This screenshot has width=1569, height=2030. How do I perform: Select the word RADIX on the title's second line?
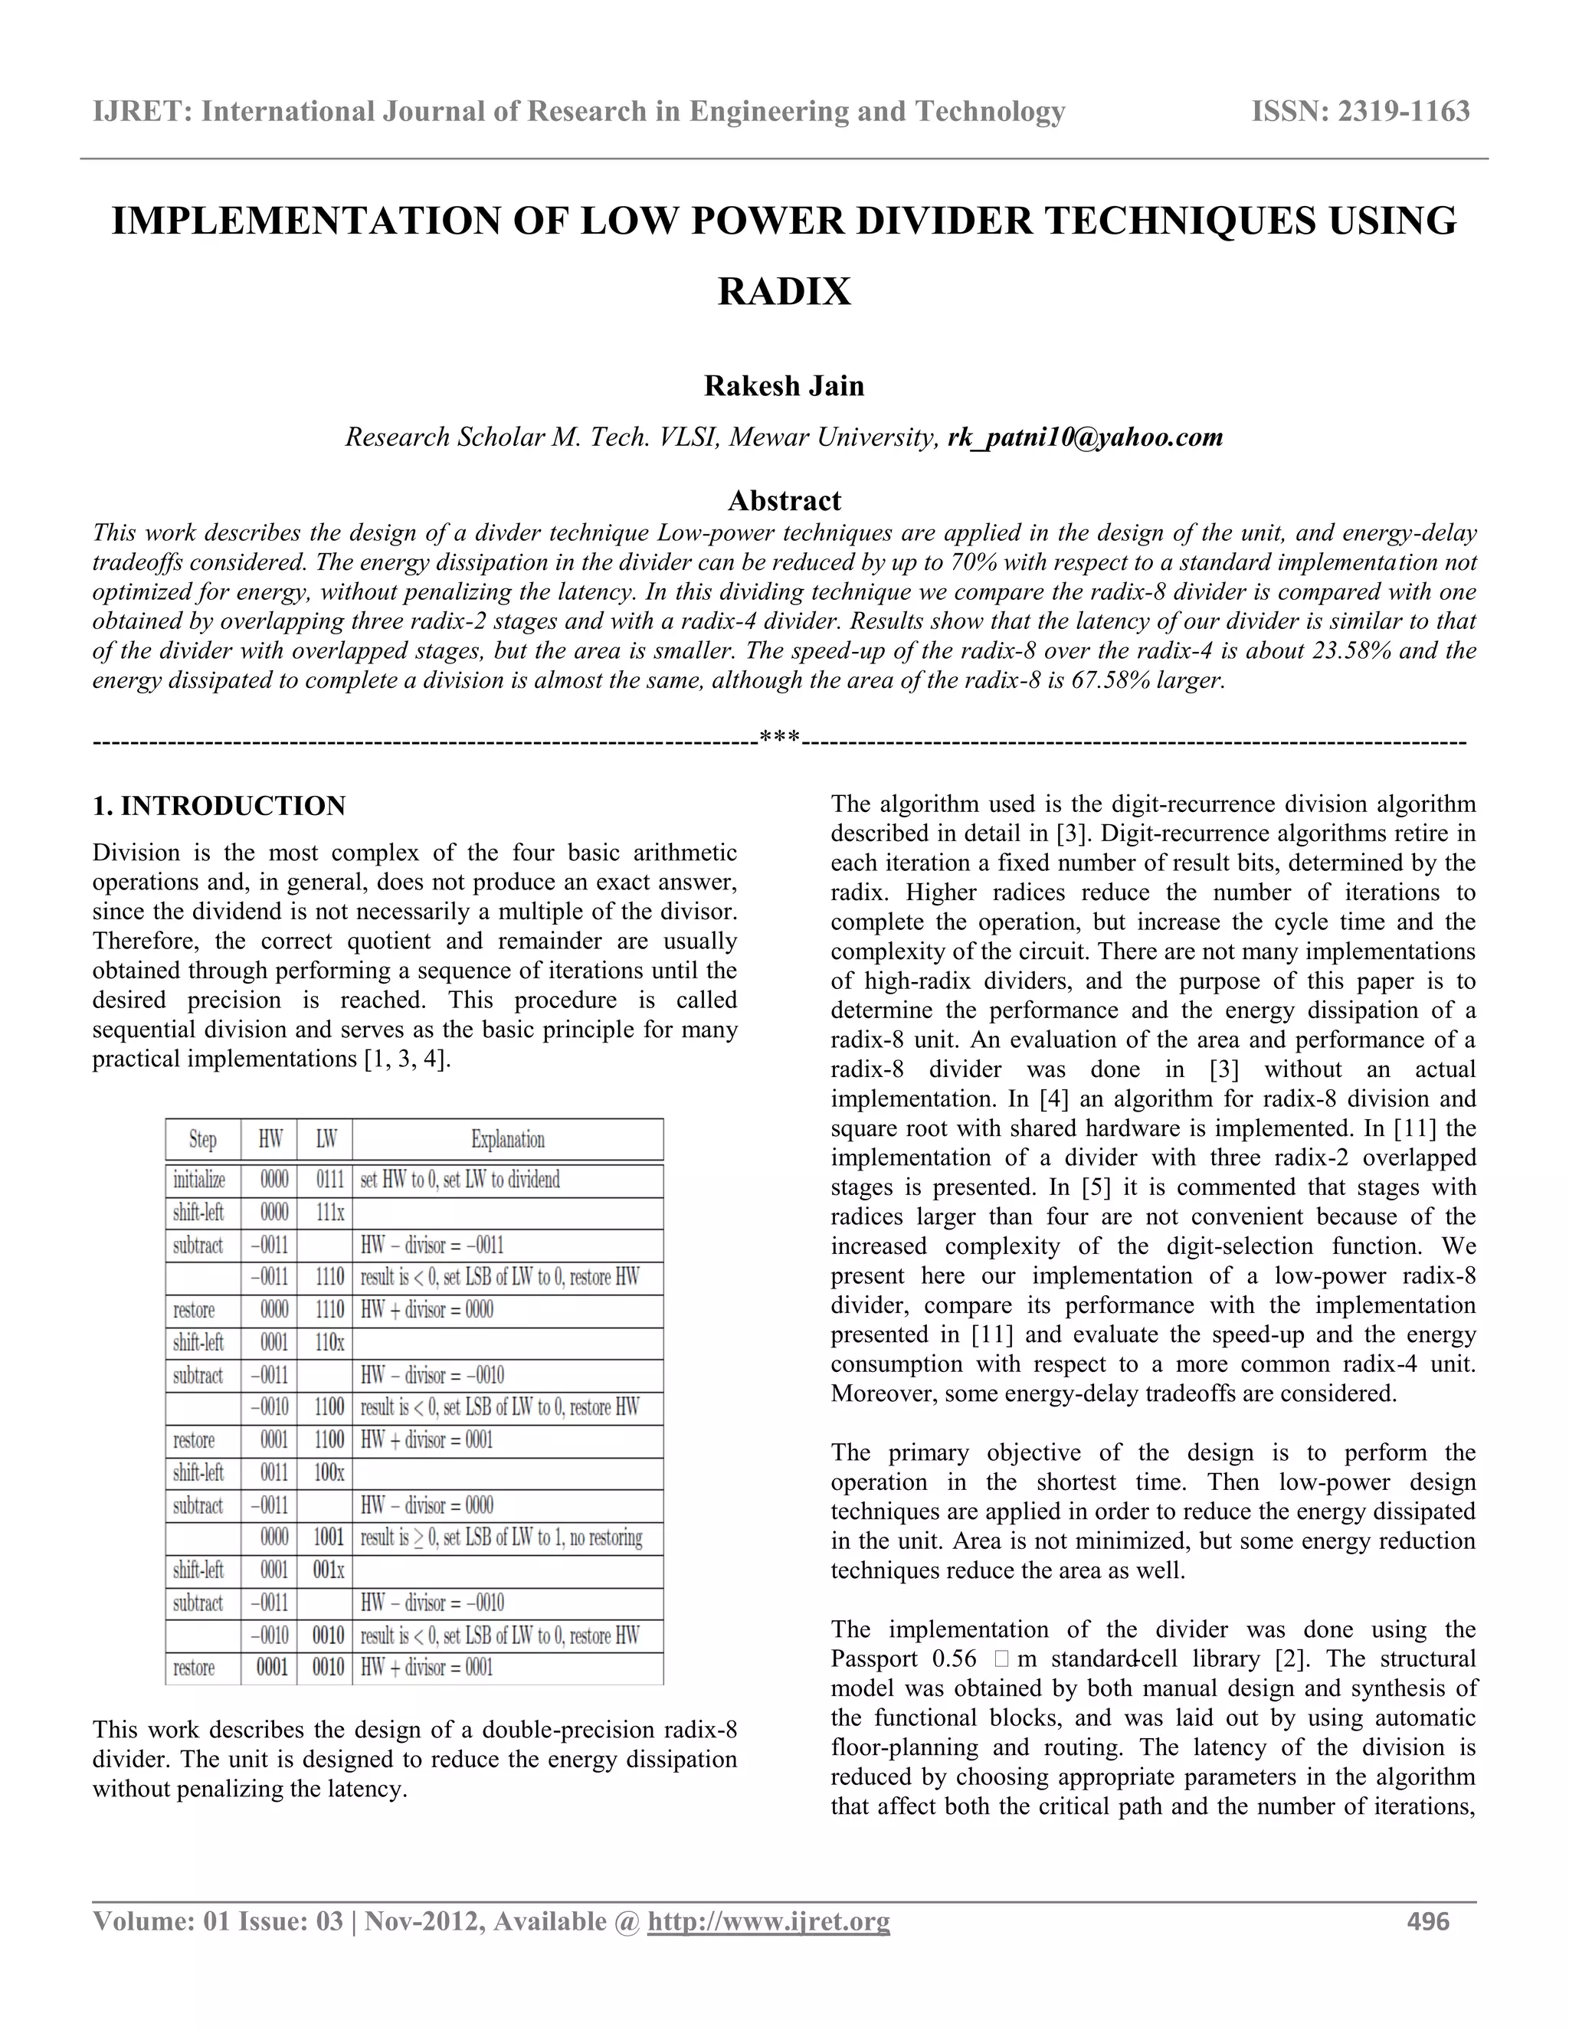(x=784, y=292)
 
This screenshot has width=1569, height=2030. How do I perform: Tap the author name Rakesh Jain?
(x=784, y=386)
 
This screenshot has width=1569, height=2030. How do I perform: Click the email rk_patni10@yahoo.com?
(x=1085, y=437)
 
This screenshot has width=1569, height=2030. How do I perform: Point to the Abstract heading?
(x=784, y=501)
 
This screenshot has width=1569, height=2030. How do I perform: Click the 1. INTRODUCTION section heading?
(x=219, y=806)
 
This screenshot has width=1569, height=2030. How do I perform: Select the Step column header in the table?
(x=202, y=1140)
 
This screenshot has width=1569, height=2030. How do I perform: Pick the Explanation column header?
(x=507, y=1140)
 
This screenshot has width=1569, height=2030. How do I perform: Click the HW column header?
(x=270, y=1140)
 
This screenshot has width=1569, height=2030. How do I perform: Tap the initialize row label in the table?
(x=199, y=1180)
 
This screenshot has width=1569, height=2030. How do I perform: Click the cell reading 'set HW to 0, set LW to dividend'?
(x=460, y=1180)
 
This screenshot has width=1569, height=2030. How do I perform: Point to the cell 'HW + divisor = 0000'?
(x=427, y=1311)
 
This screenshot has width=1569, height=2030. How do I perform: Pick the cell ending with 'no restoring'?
(x=501, y=1538)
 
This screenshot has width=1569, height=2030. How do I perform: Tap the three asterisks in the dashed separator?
(x=780, y=740)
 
